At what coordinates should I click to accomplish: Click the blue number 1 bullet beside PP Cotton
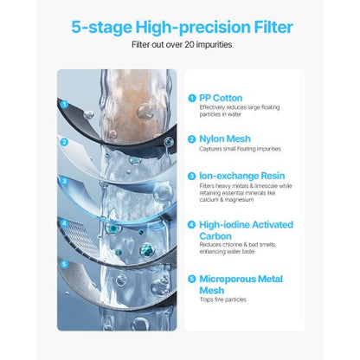(x=191, y=99)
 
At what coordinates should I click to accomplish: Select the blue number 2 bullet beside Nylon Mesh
(x=191, y=138)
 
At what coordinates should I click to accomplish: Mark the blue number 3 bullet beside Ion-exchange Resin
(x=191, y=176)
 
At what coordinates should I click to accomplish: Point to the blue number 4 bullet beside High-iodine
(x=191, y=224)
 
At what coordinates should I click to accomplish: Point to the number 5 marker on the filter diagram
(x=64, y=261)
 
